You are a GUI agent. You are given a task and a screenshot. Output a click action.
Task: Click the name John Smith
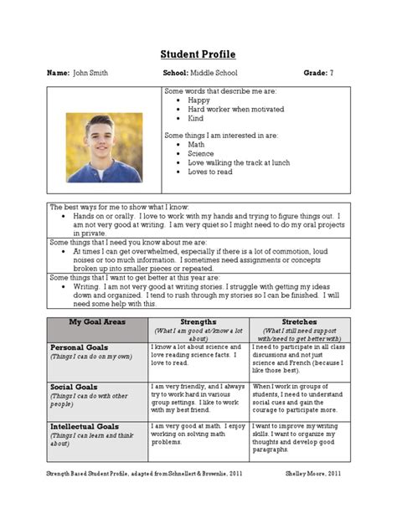coord(90,74)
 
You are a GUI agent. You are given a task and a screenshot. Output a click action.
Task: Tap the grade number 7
coord(332,74)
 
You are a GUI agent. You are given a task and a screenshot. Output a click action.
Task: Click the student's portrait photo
coord(104,148)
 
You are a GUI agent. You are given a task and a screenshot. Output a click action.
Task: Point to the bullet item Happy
coord(198,100)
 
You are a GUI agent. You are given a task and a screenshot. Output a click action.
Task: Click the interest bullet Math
coord(197,145)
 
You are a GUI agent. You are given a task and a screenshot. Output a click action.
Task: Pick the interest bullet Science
coord(201,154)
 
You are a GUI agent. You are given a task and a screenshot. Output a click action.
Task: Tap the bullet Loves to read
coord(210,172)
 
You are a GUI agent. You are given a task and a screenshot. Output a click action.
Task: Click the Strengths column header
coord(198,321)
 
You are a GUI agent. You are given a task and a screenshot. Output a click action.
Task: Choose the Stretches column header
coord(299,321)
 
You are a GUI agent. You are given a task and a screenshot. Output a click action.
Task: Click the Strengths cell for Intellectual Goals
coord(198,435)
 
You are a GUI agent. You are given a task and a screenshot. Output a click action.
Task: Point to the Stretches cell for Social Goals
coord(299,398)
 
